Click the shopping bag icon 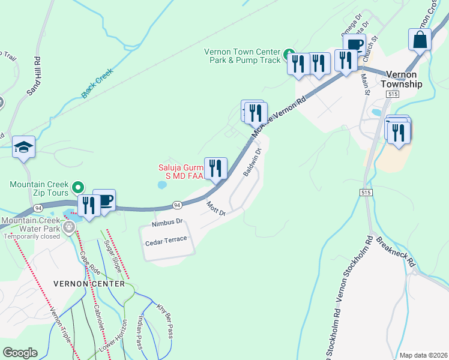tap(420, 40)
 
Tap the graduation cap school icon tap(23, 147)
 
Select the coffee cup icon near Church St tap(354, 45)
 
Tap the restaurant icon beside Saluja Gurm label tap(215, 169)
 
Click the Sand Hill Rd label tap(34, 76)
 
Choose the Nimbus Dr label tap(167, 222)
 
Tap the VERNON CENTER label tap(89, 283)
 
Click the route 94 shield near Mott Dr tap(177, 205)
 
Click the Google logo tap(20, 352)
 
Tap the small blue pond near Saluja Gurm tap(161, 185)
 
